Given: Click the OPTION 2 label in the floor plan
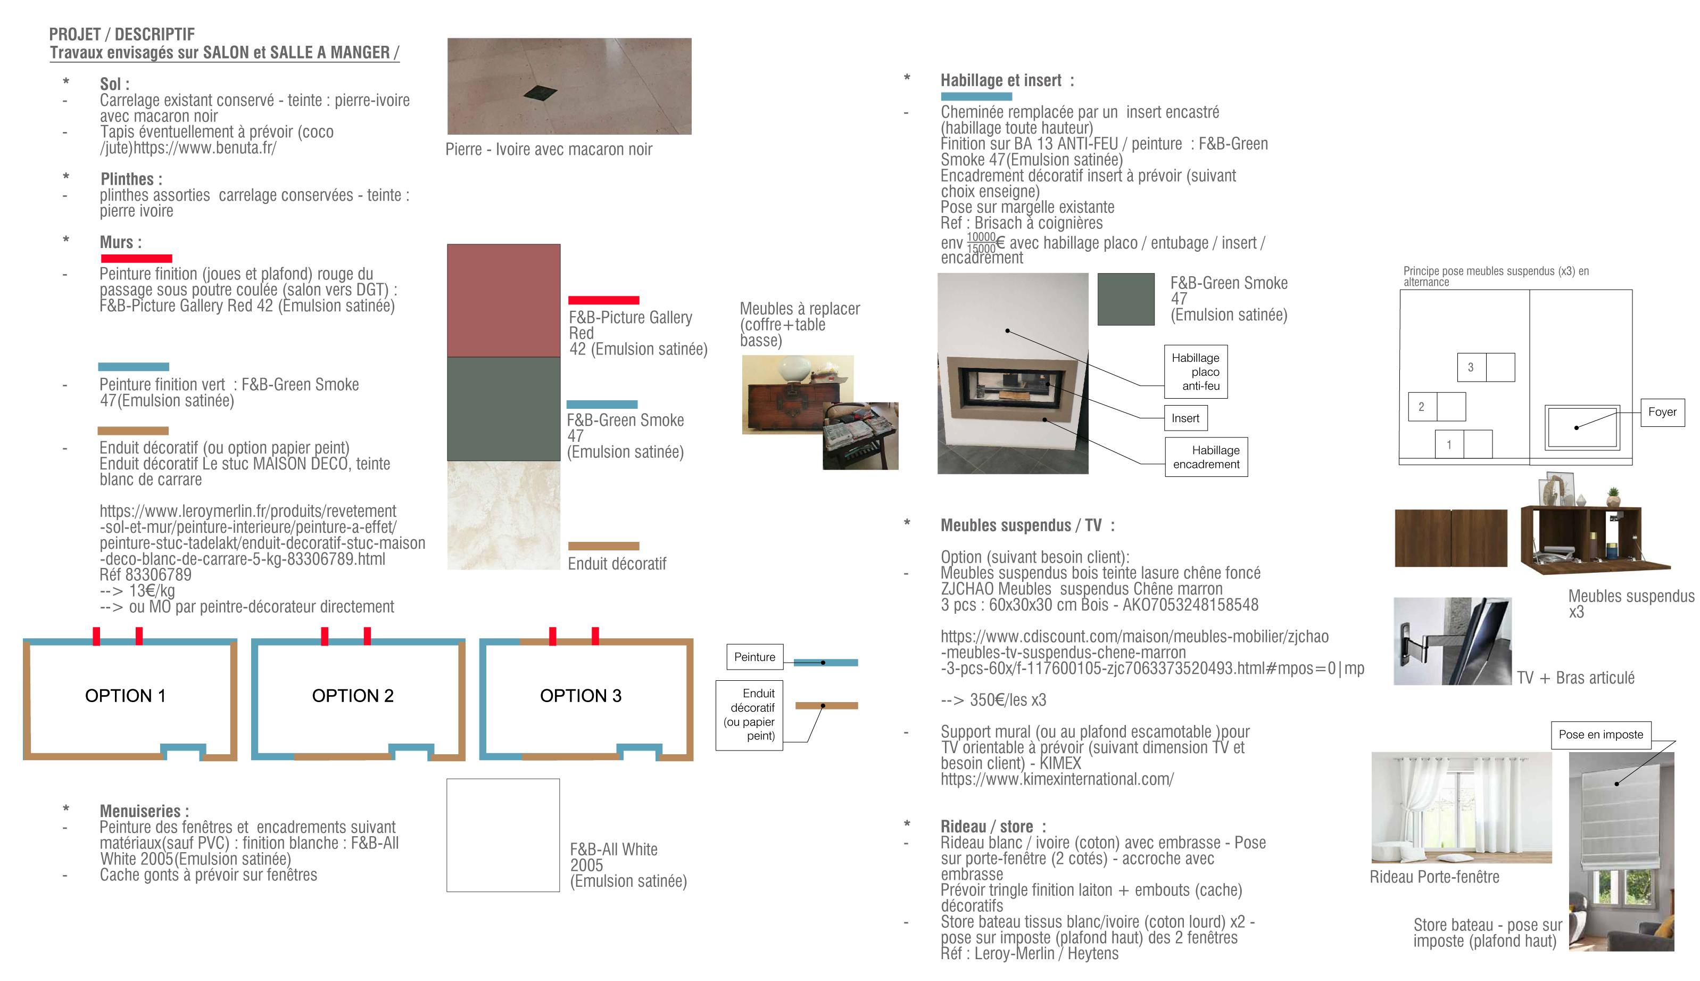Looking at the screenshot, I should pos(352,695).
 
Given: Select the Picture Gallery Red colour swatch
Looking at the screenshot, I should pos(503,301).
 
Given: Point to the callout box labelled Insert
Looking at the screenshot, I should pos(1185,418).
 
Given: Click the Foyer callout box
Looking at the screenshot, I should pos(1662,411).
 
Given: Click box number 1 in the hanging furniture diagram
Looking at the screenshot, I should pos(1449,444).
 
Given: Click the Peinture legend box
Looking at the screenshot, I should pos(754,657).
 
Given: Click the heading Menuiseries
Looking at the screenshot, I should pos(144,811).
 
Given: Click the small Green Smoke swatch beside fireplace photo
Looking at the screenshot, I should pos(1125,299).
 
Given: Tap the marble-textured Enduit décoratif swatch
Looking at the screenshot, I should pos(503,515).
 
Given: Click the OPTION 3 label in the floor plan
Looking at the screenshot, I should pos(580,695).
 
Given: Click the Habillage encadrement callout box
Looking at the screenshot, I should pos(1206,457).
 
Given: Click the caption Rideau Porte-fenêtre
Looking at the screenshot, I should pos(1434,877).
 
